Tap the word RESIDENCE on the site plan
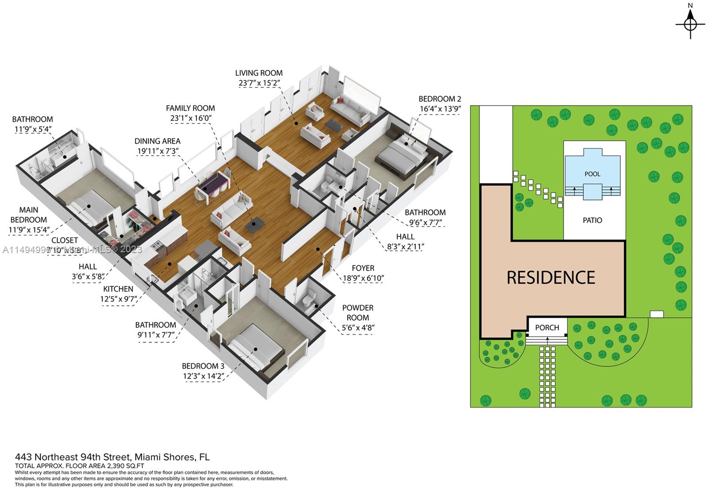(x=550, y=277)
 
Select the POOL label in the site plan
(x=592, y=174)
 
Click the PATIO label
(x=592, y=220)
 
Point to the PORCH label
(x=547, y=327)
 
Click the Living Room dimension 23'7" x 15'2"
(x=259, y=83)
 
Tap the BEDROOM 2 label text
(x=440, y=99)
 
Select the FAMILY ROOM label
(x=190, y=108)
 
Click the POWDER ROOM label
(x=358, y=312)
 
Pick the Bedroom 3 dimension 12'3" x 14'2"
(x=204, y=376)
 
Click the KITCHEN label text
(x=118, y=288)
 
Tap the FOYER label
(x=363, y=268)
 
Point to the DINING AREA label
(x=158, y=141)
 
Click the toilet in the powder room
(x=310, y=297)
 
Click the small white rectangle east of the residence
(x=657, y=314)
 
